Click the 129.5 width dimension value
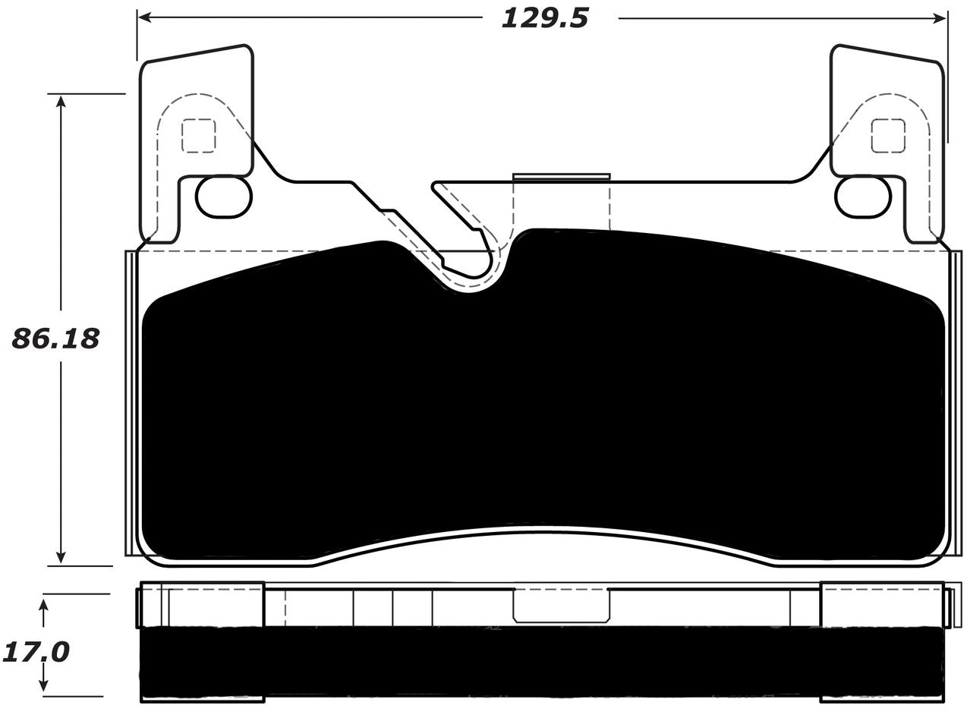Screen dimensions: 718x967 pyautogui.click(x=544, y=17)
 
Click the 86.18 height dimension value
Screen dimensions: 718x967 pyautogui.click(x=55, y=339)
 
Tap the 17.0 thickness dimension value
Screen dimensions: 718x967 pyautogui.click(x=36, y=651)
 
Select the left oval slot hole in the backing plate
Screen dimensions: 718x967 pyautogui.click(x=223, y=197)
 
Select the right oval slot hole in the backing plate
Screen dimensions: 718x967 pyautogui.click(x=862, y=197)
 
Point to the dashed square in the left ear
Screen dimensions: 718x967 pyautogui.click(x=198, y=136)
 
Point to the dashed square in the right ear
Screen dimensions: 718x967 pyautogui.click(x=888, y=136)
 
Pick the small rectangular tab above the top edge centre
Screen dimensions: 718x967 pyautogui.click(x=562, y=177)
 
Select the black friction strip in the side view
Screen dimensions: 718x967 pyautogui.click(x=543, y=660)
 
